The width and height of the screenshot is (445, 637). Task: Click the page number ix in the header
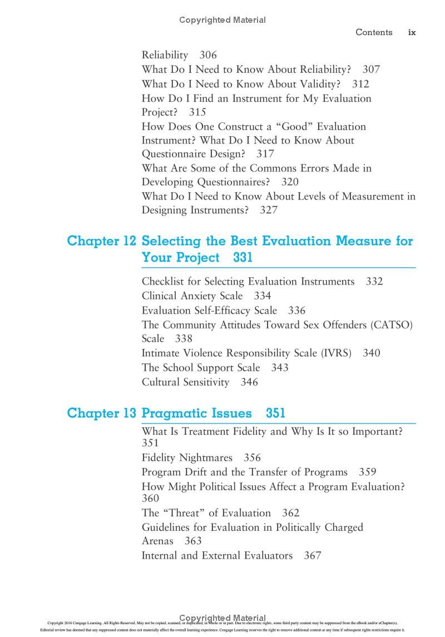412,33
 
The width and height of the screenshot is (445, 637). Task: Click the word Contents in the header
374,33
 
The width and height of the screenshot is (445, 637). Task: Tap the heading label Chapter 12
101,241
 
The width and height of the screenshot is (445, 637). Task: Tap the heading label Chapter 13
101,414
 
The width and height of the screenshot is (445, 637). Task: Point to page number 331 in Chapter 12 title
243,258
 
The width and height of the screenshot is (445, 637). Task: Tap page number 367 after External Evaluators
313,555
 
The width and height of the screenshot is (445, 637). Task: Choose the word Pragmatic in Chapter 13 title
176,414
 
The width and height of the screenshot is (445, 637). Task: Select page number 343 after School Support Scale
280,368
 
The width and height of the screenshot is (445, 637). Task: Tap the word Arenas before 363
157,541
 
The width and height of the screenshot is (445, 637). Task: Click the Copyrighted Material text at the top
222,20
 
